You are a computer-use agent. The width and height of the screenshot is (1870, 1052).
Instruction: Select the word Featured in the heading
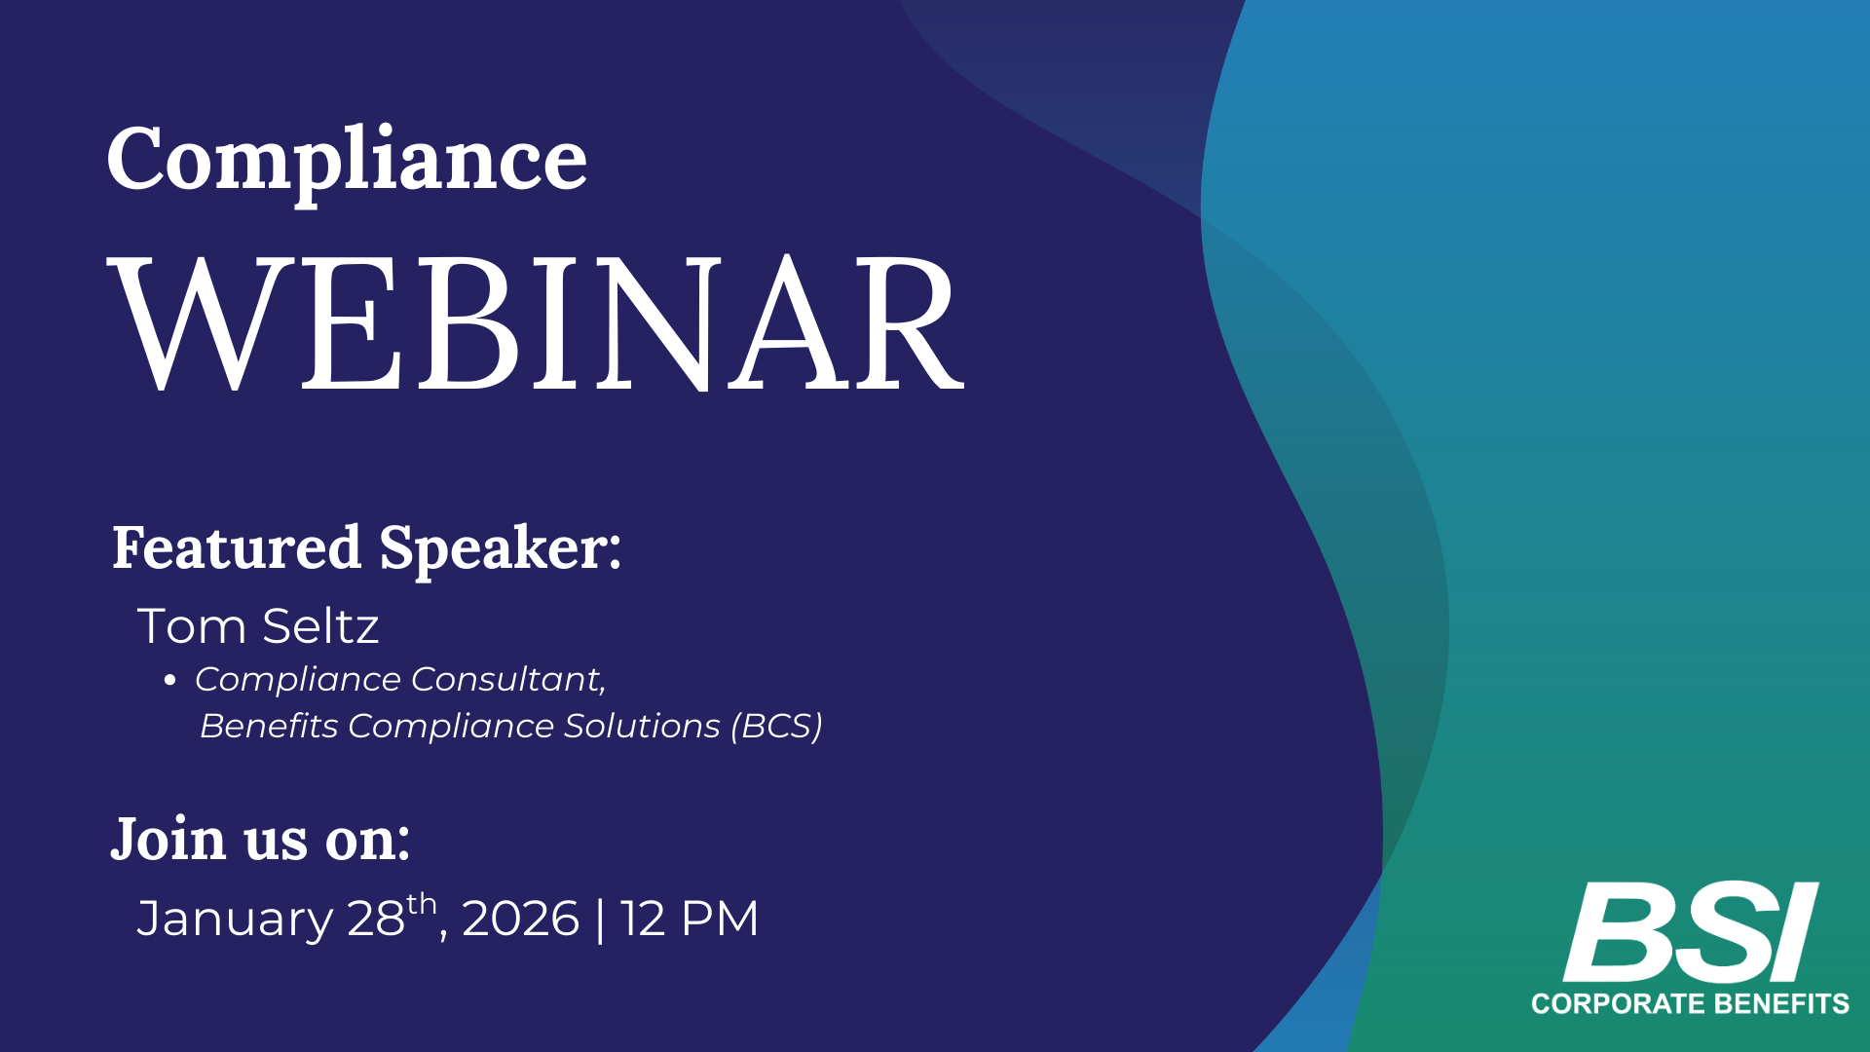tap(237, 547)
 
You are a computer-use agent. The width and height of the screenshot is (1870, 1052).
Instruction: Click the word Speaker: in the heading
tap(501, 549)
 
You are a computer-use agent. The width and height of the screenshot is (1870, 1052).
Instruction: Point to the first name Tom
tap(192, 625)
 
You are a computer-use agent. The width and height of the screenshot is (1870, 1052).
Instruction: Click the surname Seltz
tap(320, 625)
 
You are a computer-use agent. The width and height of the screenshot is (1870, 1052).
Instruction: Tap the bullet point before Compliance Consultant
tap(170, 681)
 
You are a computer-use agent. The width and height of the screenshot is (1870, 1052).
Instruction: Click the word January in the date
tap(235, 920)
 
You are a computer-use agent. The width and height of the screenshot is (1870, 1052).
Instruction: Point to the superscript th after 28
tap(422, 904)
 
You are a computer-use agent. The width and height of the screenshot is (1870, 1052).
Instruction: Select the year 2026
tap(520, 919)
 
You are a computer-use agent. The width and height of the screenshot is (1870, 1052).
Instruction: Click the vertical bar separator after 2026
tap(599, 920)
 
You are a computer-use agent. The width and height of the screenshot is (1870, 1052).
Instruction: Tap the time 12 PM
tap(690, 919)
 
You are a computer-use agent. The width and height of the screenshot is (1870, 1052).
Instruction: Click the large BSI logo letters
tap(1691, 932)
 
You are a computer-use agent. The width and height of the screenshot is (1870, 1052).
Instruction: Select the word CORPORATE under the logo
tap(1619, 1004)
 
